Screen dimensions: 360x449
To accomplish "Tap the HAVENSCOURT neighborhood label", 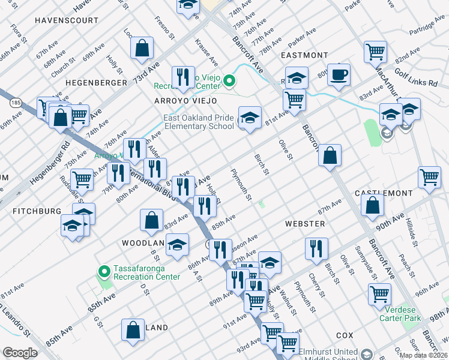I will click(x=66, y=20).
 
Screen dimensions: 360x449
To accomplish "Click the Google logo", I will click(x=20, y=353).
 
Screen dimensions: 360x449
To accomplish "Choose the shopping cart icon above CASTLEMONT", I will click(x=429, y=177).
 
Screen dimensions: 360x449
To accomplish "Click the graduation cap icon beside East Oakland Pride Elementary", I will click(x=250, y=116).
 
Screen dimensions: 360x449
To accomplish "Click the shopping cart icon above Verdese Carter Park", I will click(x=380, y=293).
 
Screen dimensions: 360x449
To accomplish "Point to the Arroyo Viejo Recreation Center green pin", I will click(x=229, y=80).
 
